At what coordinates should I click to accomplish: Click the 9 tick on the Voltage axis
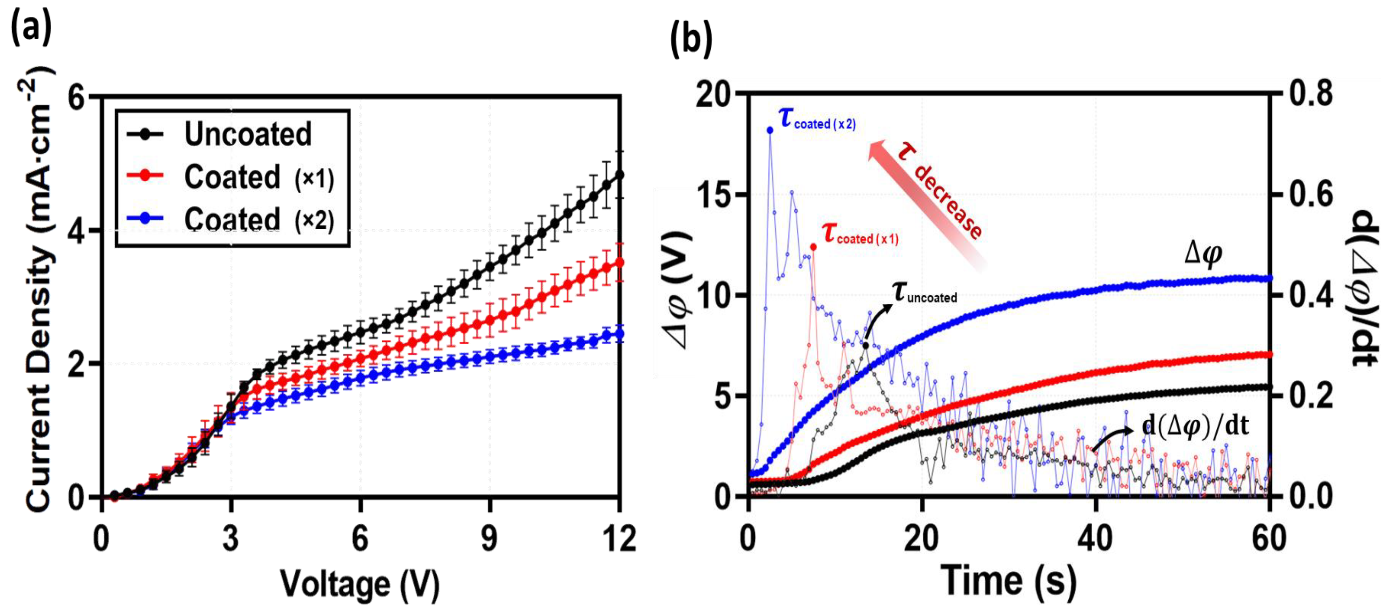[490, 538]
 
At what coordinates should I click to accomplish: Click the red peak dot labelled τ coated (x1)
[813, 247]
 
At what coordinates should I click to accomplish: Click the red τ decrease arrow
[927, 205]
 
